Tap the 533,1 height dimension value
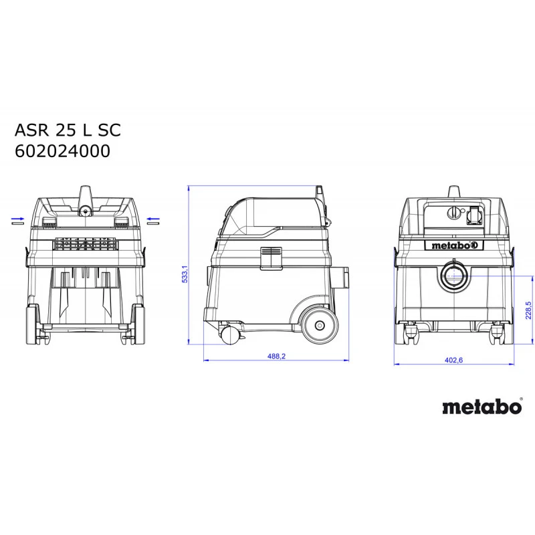coord(185,274)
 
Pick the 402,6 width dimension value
coord(453,360)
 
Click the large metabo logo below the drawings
coord(481,407)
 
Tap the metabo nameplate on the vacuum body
coord(454,245)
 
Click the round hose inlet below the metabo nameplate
coord(454,275)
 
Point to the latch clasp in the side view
coord(272,257)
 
